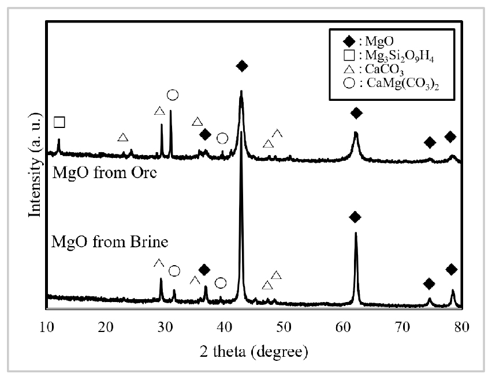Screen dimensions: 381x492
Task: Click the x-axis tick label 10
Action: point(46,329)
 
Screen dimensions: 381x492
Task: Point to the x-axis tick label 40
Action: point(224,329)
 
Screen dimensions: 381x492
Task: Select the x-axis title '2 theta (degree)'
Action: point(254,350)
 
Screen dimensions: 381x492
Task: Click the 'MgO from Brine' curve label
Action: point(110,242)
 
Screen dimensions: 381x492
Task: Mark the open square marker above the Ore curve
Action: point(59,122)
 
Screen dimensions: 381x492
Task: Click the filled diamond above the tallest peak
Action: point(242,66)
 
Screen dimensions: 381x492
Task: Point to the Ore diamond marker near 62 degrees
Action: point(356,112)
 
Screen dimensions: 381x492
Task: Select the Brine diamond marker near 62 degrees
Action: point(355,217)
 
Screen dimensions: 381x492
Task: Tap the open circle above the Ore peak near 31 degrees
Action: point(172,95)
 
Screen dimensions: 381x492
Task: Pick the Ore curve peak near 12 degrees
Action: point(58,140)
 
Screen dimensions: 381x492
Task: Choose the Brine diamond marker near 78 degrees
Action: point(452,269)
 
